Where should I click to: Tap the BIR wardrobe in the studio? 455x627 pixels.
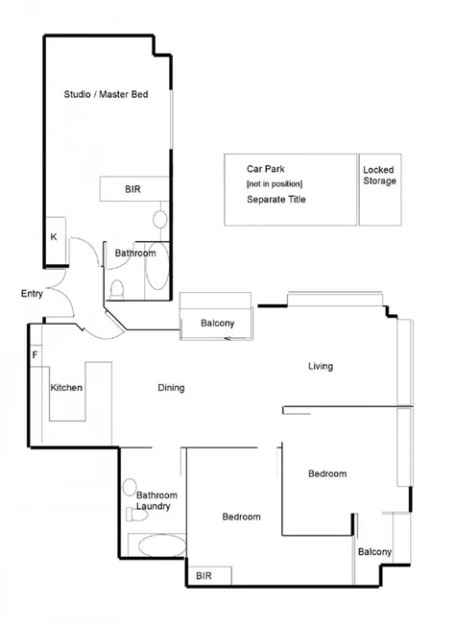pos(133,190)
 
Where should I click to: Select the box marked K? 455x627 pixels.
pos(54,237)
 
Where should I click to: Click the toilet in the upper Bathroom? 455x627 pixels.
pos(118,286)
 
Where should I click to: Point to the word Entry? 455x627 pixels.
pos(32,294)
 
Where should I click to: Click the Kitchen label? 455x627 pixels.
pos(66,388)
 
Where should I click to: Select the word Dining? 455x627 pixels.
pos(171,388)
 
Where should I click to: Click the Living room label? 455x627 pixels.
pos(320,366)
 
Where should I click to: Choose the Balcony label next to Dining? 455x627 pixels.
pos(217,324)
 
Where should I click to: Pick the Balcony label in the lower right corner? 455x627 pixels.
pos(374,552)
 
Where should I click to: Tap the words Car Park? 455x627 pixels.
pos(265,168)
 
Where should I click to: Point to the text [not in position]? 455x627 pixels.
pos(275,183)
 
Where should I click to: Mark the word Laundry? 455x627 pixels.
pos(154,506)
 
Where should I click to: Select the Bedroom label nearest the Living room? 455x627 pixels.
pos(326,473)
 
